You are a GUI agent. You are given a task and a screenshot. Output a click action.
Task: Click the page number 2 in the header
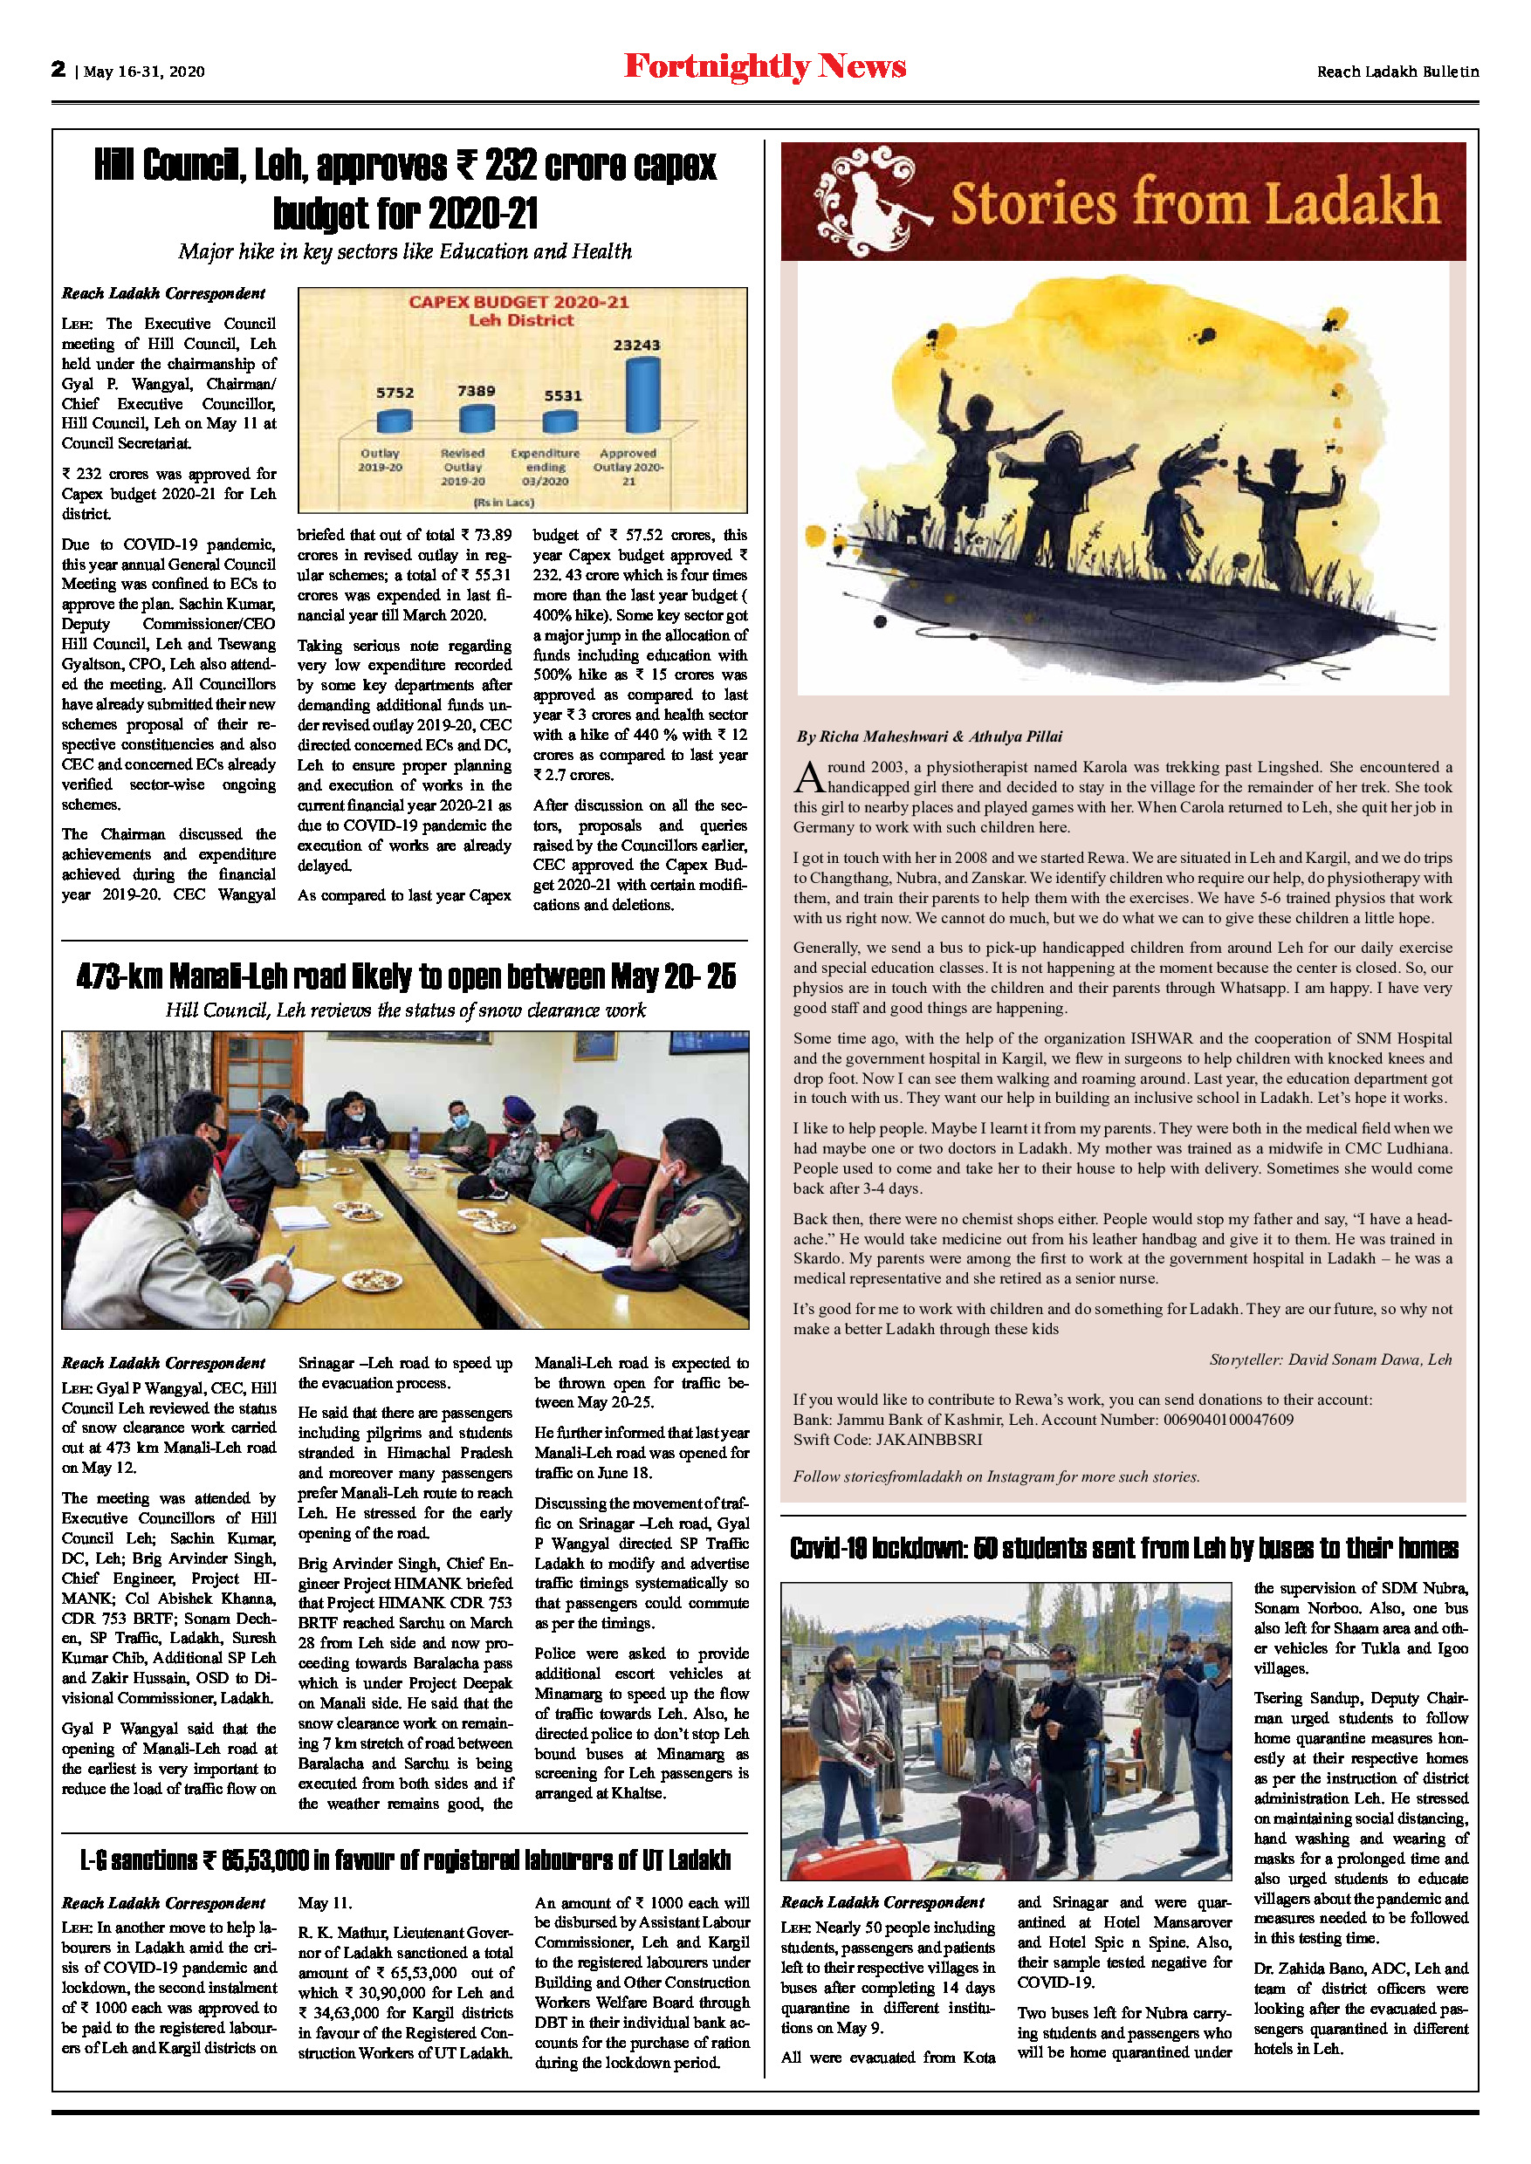pos(58,69)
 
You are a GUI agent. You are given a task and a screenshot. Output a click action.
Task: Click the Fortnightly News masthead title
pos(765,67)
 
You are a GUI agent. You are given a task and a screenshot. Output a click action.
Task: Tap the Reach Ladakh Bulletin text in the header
pos(1397,72)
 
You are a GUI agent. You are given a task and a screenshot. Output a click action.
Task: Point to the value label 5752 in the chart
pos(395,393)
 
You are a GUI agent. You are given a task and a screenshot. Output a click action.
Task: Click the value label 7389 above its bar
pos(476,390)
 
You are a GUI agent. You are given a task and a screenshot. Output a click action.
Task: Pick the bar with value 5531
pos(560,421)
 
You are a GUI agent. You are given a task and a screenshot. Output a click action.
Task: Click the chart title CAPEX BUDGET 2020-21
pos(518,303)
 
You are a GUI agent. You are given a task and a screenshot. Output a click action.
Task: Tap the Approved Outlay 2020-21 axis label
pos(628,467)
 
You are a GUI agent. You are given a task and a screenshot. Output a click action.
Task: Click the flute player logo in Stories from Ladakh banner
pos(872,201)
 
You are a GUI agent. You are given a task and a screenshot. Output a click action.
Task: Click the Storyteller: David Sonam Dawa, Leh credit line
pos(1330,1359)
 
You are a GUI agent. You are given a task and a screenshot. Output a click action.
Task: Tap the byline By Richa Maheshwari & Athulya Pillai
pos(929,736)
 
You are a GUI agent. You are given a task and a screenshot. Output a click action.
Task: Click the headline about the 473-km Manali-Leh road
pos(405,976)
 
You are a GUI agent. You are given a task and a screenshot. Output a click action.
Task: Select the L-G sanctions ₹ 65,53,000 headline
pos(405,1859)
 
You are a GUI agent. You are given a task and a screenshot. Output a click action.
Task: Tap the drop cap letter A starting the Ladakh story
pos(809,777)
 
